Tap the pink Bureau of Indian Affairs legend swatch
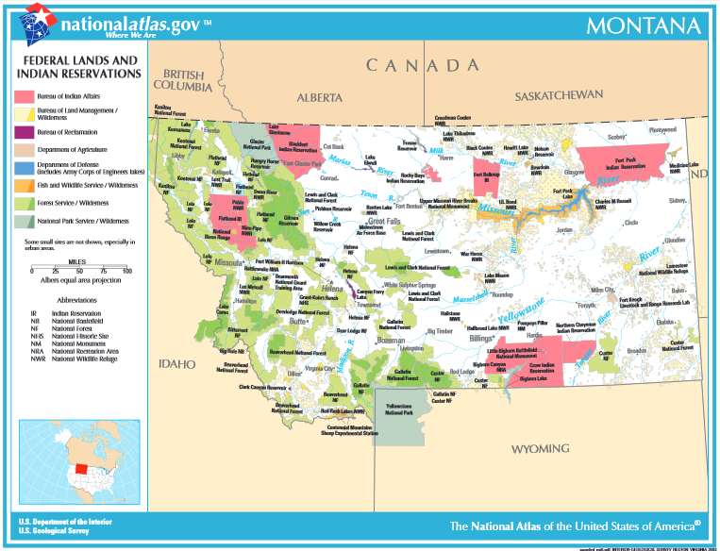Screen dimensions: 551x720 point(25,96)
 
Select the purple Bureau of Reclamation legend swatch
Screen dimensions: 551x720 point(25,132)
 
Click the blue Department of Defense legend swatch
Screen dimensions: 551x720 point(25,167)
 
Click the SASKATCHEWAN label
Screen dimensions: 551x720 point(558,96)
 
